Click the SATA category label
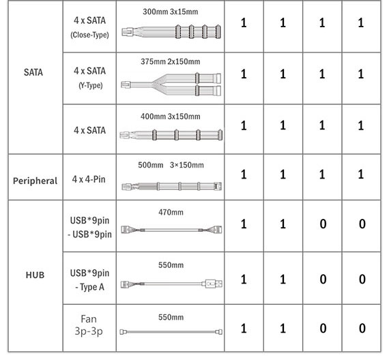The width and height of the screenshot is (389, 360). coord(33,72)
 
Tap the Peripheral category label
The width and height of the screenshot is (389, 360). coord(35,181)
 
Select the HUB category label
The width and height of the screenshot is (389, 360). coord(35,275)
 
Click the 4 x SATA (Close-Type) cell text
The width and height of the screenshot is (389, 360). coord(89,27)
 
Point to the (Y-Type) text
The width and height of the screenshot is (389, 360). coord(91,85)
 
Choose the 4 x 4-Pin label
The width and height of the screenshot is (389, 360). coord(89,179)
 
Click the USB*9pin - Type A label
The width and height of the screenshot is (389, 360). coord(89,280)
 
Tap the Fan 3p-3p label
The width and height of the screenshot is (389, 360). coord(89,325)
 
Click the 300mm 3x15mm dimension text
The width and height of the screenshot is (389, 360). coord(171,12)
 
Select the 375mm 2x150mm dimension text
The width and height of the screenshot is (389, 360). coord(171,61)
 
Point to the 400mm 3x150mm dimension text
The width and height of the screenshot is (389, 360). coord(171,117)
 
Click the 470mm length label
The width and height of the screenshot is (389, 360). coord(171,212)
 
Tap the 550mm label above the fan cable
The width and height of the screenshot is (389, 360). coord(171,317)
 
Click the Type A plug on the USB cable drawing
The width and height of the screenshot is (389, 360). coord(214,284)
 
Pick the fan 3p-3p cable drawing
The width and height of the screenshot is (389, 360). coord(171,332)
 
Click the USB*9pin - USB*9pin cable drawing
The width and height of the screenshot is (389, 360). coord(171,230)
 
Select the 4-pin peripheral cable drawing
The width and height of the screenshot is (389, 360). coord(172,186)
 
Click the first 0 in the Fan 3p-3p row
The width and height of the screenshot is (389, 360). coord(323,328)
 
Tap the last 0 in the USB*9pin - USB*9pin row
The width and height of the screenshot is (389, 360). coord(362,224)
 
